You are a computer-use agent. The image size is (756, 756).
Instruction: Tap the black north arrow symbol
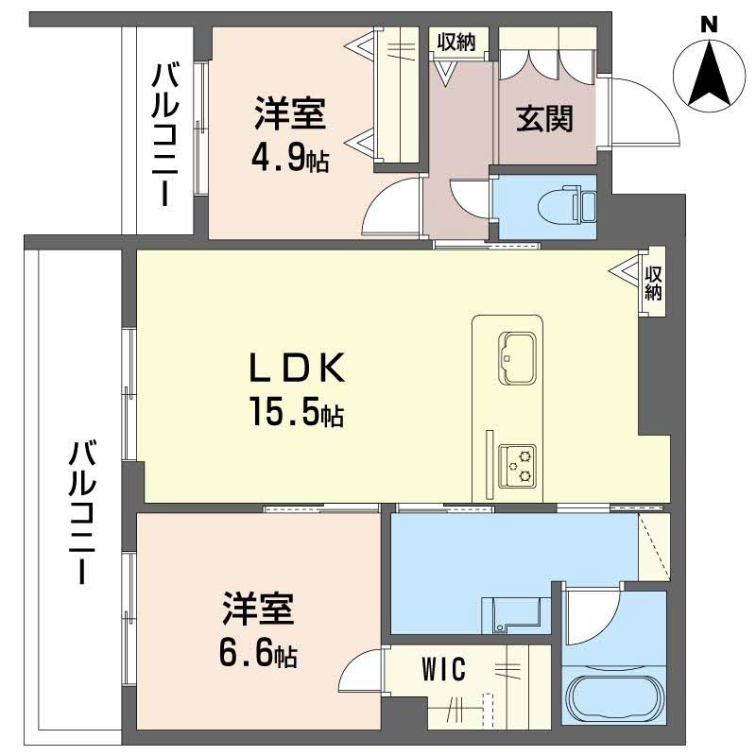(x=709, y=76)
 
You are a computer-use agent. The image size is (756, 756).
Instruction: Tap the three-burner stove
(x=519, y=465)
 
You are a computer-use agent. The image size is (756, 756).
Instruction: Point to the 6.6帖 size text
(x=259, y=651)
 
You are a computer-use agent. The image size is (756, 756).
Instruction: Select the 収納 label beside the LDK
(x=654, y=283)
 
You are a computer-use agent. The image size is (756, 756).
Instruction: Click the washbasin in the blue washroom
(x=516, y=613)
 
